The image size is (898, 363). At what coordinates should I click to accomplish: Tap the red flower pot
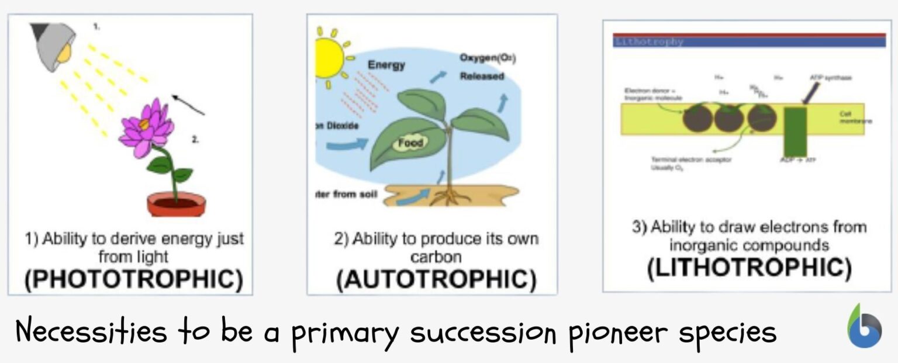(x=175, y=204)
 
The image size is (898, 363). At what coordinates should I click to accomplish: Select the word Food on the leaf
(x=410, y=142)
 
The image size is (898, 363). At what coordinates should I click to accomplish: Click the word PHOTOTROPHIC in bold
(x=133, y=279)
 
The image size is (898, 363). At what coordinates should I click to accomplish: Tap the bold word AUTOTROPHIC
(x=436, y=279)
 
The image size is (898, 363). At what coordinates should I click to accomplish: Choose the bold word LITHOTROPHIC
(x=749, y=267)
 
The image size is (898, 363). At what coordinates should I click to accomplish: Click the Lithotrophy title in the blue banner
(x=648, y=42)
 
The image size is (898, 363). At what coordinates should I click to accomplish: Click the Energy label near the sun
(x=386, y=65)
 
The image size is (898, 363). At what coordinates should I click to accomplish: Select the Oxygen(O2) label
(x=488, y=58)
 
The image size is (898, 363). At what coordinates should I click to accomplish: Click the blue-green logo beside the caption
(x=865, y=327)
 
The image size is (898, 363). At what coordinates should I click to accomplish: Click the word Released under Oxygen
(x=482, y=77)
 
